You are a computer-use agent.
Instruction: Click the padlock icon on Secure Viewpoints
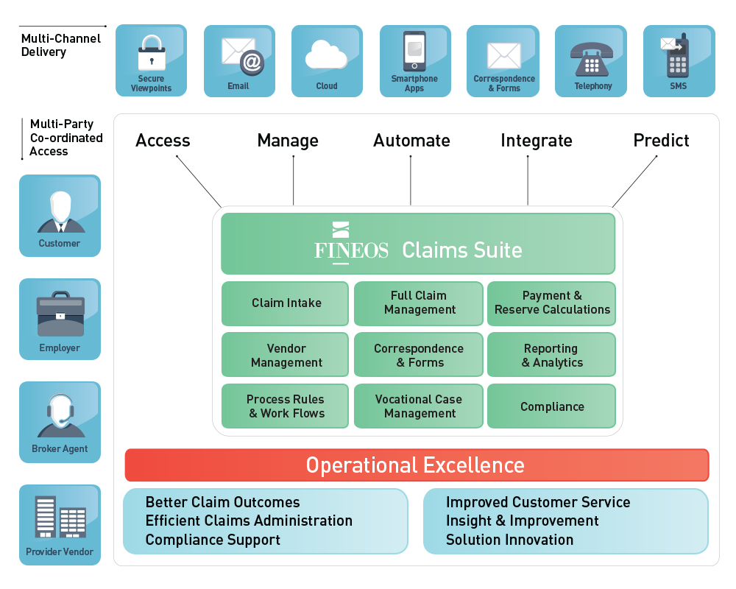152,53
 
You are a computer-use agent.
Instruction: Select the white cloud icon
326,54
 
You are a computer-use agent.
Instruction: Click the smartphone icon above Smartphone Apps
414,51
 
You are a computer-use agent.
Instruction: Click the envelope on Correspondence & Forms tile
503,56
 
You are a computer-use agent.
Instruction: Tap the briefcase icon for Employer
60,314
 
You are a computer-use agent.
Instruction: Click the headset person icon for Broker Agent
60,417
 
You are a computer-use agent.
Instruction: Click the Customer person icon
60,211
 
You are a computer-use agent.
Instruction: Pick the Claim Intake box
285,303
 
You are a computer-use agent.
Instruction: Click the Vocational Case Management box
419,406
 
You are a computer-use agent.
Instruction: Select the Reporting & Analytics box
551,355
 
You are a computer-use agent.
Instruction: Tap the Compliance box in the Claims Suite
551,406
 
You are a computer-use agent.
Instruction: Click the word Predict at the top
661,141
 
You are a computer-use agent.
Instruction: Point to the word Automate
411,141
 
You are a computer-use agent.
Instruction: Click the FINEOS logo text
351,250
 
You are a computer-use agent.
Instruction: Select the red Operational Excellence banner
416,465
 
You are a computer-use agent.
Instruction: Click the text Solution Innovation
509,540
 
